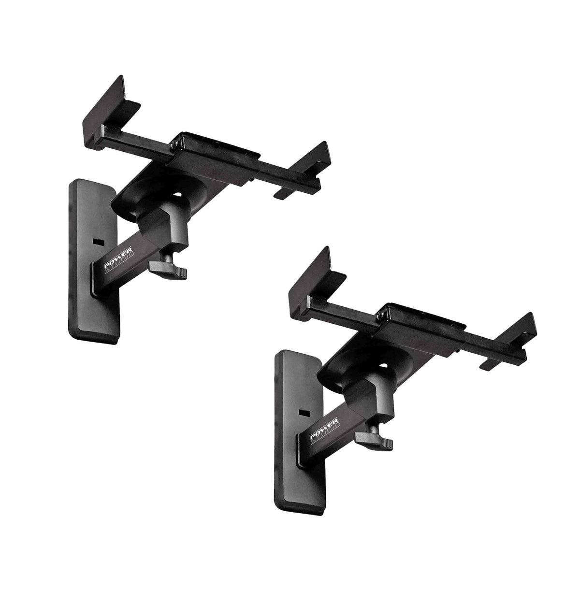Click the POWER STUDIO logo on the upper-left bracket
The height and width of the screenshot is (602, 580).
(x=119, y=259)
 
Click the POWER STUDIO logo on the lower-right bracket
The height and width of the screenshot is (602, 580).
(x=325, y=430)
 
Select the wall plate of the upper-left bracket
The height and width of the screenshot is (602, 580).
(x=93, y=261)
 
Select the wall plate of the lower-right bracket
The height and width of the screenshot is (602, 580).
(x=299, y=432)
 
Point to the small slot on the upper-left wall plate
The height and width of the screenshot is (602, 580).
(x=99, y=241)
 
